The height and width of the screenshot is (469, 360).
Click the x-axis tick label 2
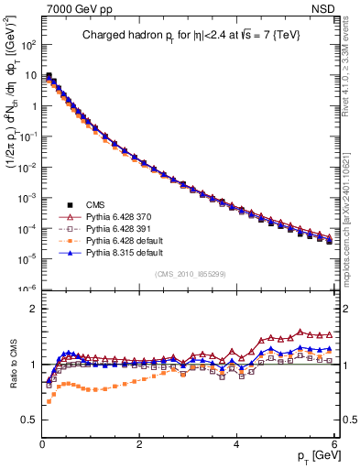point(139,443)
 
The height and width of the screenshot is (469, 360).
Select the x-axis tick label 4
point(236,443)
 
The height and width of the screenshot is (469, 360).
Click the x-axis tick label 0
point(42,443)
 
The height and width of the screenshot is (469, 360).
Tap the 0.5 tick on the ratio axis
point(27,420)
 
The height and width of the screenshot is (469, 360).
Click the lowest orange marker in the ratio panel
point(48,401)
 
